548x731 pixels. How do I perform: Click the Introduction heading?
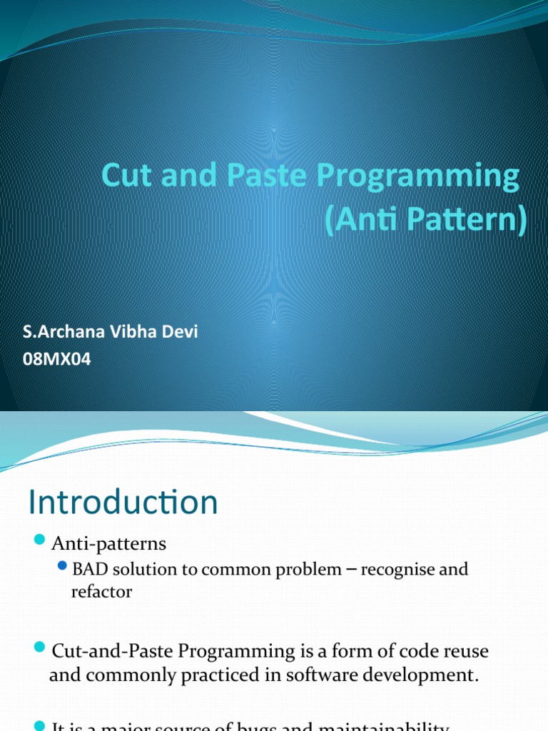(x=123, y=503)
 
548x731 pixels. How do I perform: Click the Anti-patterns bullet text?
(x=108, y=544)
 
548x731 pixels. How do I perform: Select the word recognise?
(x=397, y=570)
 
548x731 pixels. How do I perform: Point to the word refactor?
(x=101, y=592)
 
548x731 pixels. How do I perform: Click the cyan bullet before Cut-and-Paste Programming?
(x=39, y=647)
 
